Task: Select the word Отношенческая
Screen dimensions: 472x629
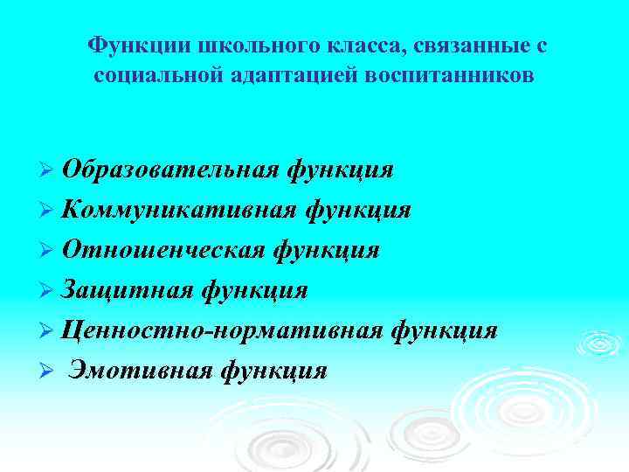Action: coord(162,251)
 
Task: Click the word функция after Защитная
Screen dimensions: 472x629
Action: coord(254,290)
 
